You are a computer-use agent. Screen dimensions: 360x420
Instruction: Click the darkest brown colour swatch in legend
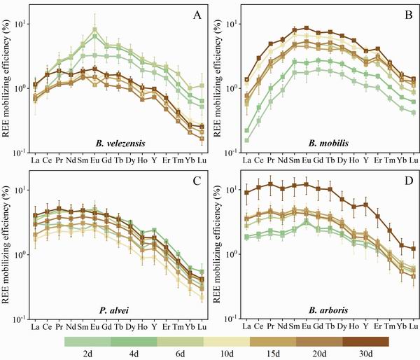click(x=366, y=342)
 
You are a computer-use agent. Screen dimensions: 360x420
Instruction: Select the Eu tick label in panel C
click(x=94, y=327)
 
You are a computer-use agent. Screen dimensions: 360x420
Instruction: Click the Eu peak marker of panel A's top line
click(x=94, y=30)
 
